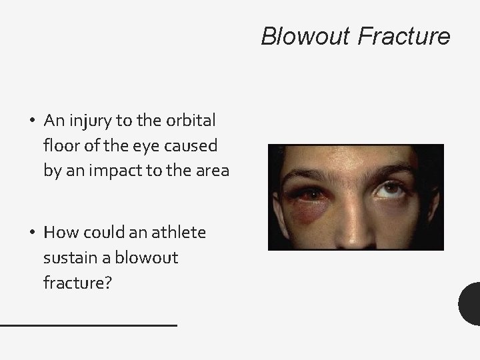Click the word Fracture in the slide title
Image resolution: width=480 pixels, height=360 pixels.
pyautogui.click(x=404, y=36)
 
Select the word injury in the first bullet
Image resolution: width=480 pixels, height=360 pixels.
pyautogui.click(x=87, y=121)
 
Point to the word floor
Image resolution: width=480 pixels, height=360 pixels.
pyautogui.click(x=61, y=145)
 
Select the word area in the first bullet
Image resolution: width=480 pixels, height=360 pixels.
pyautogui.click(x=211, y=170)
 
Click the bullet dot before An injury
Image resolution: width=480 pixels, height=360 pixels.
pyautogui.click(x=32, y=121)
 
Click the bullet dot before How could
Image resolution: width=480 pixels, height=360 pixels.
pyautogui.click(x=32, y=233)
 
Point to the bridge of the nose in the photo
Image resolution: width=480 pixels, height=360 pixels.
pyautogui.click(x=353, y=200)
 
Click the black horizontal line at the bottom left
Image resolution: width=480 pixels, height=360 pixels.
pyautogui.click(x=88, y=325)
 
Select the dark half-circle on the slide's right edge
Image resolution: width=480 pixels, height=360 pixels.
pyautogui.click(x=471, y=303)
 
